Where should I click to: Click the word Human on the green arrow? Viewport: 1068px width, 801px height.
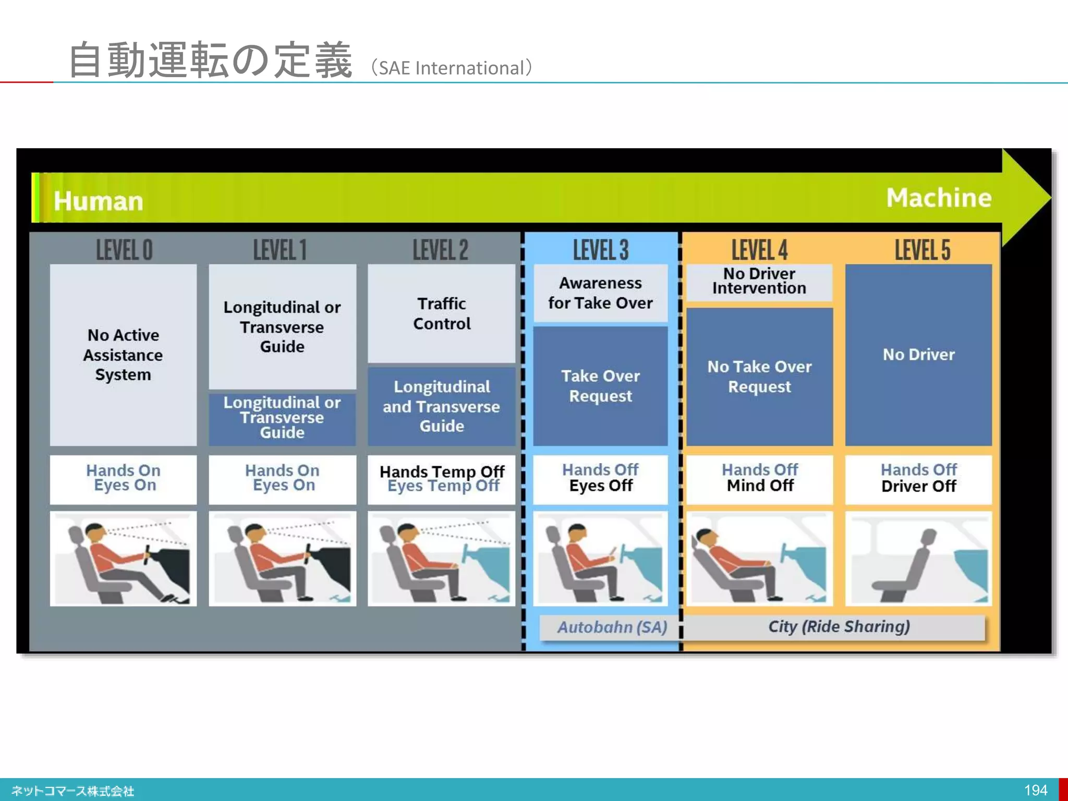(x=98, y=201)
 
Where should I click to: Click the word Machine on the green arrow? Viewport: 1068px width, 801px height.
(x=939, y=198)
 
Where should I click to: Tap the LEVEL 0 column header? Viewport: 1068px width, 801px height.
(x=124, y=250)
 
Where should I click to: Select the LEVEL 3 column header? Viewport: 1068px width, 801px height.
(x=601, y=250)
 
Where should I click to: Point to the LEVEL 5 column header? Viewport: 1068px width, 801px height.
(x=922, y=250)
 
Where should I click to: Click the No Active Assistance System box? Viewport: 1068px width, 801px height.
(x=123, y=355)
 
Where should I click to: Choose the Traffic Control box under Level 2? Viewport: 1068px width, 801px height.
(x=442, y=313)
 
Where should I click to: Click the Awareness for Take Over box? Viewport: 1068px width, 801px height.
(x=600, y=293)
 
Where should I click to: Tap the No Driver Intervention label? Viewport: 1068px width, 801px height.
(x=759, y=281)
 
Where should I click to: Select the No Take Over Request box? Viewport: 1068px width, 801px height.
(x=759, y=377)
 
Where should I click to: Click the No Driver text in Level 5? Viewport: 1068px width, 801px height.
(x=918, y=355)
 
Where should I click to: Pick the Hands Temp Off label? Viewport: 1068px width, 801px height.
(x=442, y=471)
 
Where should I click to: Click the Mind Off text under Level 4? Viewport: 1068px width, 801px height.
(x=760, y=486)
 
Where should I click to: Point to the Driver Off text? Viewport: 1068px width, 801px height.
(x=918, y=487)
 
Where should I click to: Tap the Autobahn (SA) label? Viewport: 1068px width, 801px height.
(x=612, y=627)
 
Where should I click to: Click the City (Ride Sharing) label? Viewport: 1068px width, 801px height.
(x=839, y=626)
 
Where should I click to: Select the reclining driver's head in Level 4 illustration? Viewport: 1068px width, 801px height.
(x=705, y=537)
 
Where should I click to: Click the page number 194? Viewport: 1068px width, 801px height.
(x=1035, y=790)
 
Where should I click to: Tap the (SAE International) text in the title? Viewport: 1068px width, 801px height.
(x=452, y=68)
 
